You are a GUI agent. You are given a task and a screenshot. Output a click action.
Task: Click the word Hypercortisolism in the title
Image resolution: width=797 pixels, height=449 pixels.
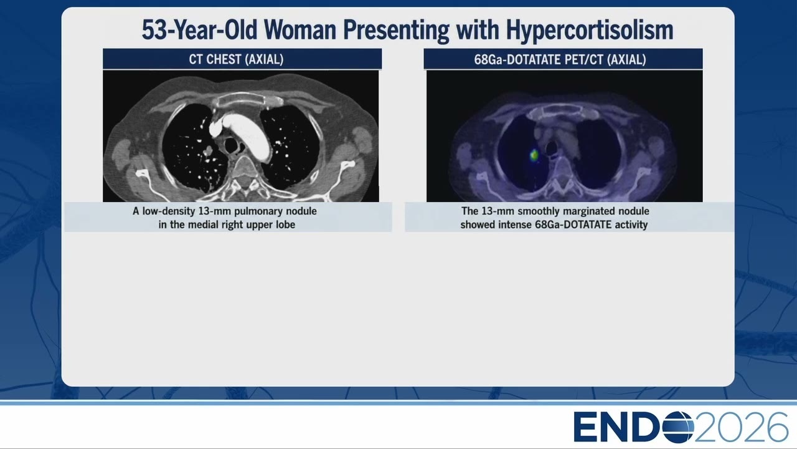(590, 31)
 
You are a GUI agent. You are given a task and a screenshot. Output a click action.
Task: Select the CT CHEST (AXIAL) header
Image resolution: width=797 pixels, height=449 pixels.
(236, 59)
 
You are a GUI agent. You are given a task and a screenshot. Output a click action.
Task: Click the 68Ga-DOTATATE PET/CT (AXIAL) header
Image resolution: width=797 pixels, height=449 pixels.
(560, 59)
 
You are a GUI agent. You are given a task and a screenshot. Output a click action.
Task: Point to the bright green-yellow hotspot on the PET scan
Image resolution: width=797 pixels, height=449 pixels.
(534, 155)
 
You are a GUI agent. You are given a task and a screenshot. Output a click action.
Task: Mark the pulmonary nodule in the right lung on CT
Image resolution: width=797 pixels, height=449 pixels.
(208, 151)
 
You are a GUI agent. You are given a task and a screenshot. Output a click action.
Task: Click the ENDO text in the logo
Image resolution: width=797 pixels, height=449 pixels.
(633, 427)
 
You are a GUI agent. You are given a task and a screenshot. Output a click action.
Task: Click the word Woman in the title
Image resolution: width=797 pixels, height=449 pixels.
(300, 30)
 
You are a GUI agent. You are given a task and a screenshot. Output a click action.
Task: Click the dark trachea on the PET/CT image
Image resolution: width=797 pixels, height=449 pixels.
(551, 148)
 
